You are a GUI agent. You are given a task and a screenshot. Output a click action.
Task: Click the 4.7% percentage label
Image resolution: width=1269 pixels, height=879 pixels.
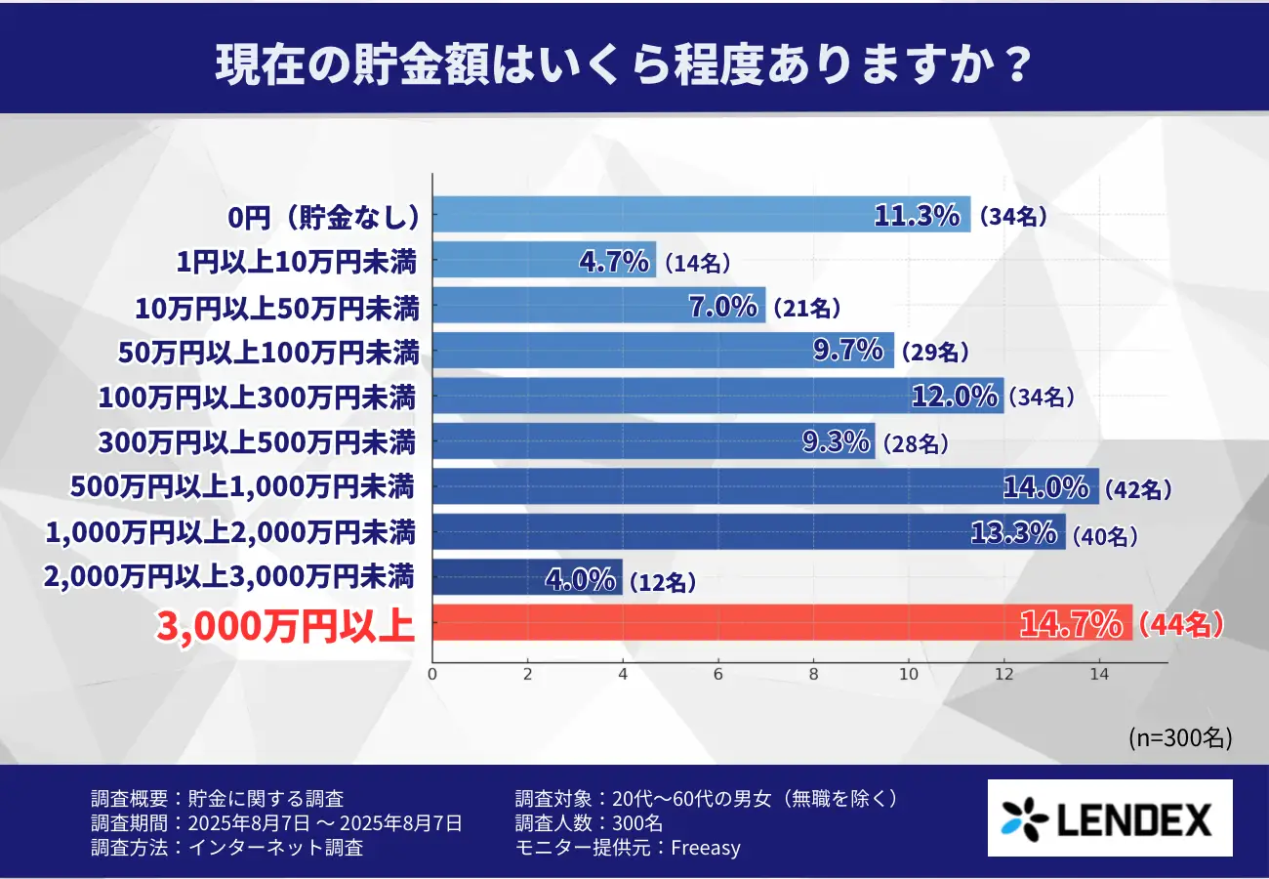pyautogui.click(x=614, y=261)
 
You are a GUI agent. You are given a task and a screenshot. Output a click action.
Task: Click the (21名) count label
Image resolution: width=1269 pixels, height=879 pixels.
pyautogui.click(x=806, y=308)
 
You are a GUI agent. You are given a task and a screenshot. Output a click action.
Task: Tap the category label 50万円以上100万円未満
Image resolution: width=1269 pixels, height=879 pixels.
pyautogui.click(x=267, y=353)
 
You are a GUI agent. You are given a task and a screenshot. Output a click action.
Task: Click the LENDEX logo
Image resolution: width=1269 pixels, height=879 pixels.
pyautogui.click(x=1110, y=818)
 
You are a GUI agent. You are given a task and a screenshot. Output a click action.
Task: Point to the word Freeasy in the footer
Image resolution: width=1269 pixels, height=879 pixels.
pyautogui.click(x=706, y=848)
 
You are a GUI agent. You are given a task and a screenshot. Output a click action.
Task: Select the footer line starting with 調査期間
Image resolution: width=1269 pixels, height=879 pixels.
pyautogui.click(x=276, y=823)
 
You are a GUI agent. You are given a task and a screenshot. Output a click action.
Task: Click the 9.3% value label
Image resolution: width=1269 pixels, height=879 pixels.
pyautogui.click(x=836, y=443)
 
